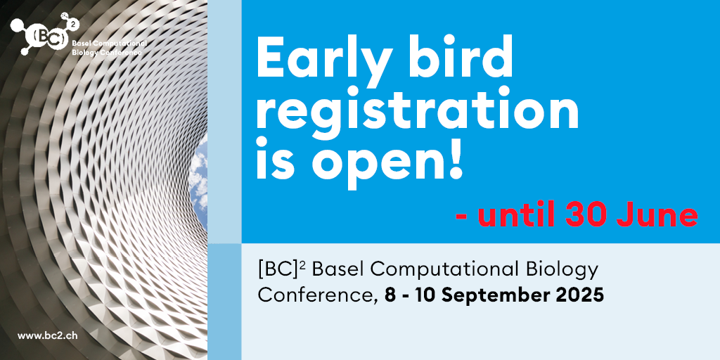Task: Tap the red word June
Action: [x=657, y=215]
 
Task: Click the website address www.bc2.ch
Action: [x=47, y=335]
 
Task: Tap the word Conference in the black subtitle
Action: [x=314, y=295]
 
